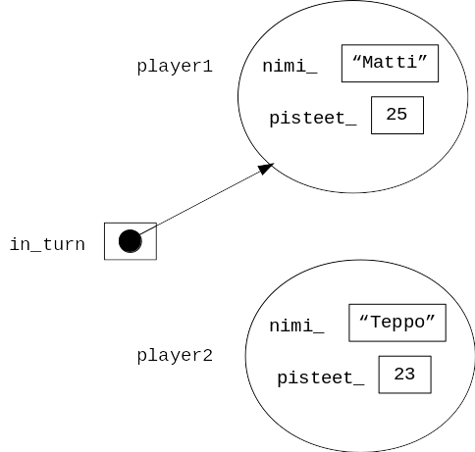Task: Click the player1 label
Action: pos(175,67)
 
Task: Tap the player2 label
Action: pos(175,356)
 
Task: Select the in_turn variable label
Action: pos(47,244)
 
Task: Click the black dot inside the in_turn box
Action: pos(131,241)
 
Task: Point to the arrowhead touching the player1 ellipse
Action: pos(266,169)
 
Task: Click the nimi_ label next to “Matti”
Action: pos(290,67)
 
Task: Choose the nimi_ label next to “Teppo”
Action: pos(296,326)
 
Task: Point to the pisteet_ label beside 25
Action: pos(313,119)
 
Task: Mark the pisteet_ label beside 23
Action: pos(321,378)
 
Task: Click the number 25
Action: pos(396,115)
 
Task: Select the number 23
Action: pos(404,374)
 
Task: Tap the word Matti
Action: pos(390,62)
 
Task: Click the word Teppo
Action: pos(397,323)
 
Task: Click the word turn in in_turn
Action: pos(64,244)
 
